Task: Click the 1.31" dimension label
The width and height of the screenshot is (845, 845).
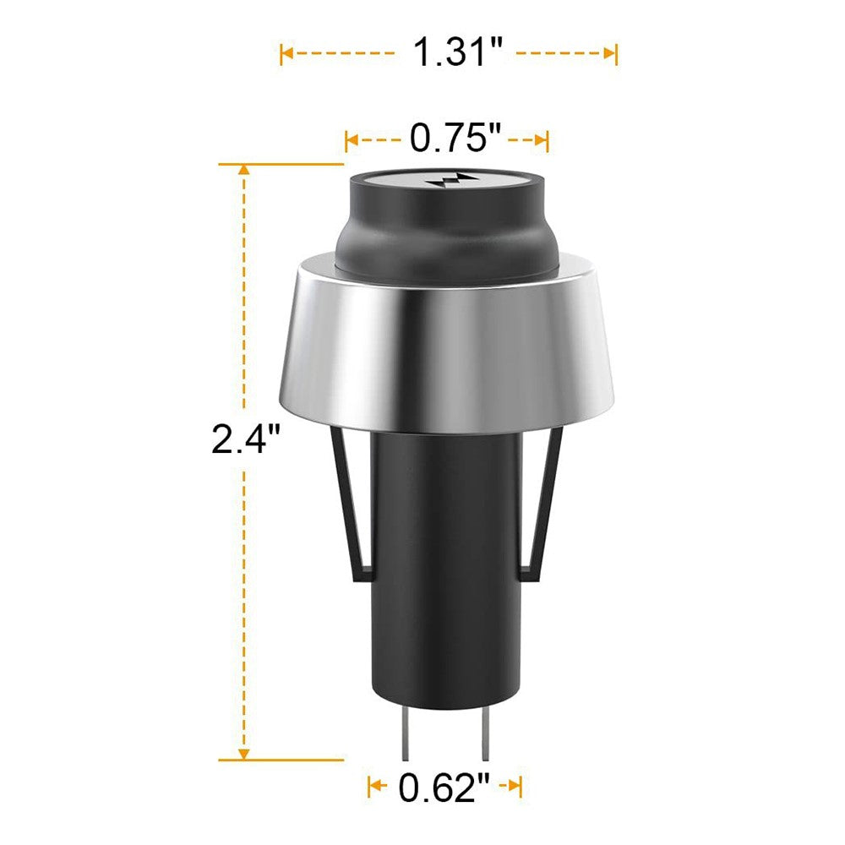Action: (x=457, y=52)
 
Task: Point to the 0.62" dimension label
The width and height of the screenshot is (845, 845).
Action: (x=444, y=788)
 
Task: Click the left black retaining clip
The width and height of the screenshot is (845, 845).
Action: (x=350, y=504)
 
